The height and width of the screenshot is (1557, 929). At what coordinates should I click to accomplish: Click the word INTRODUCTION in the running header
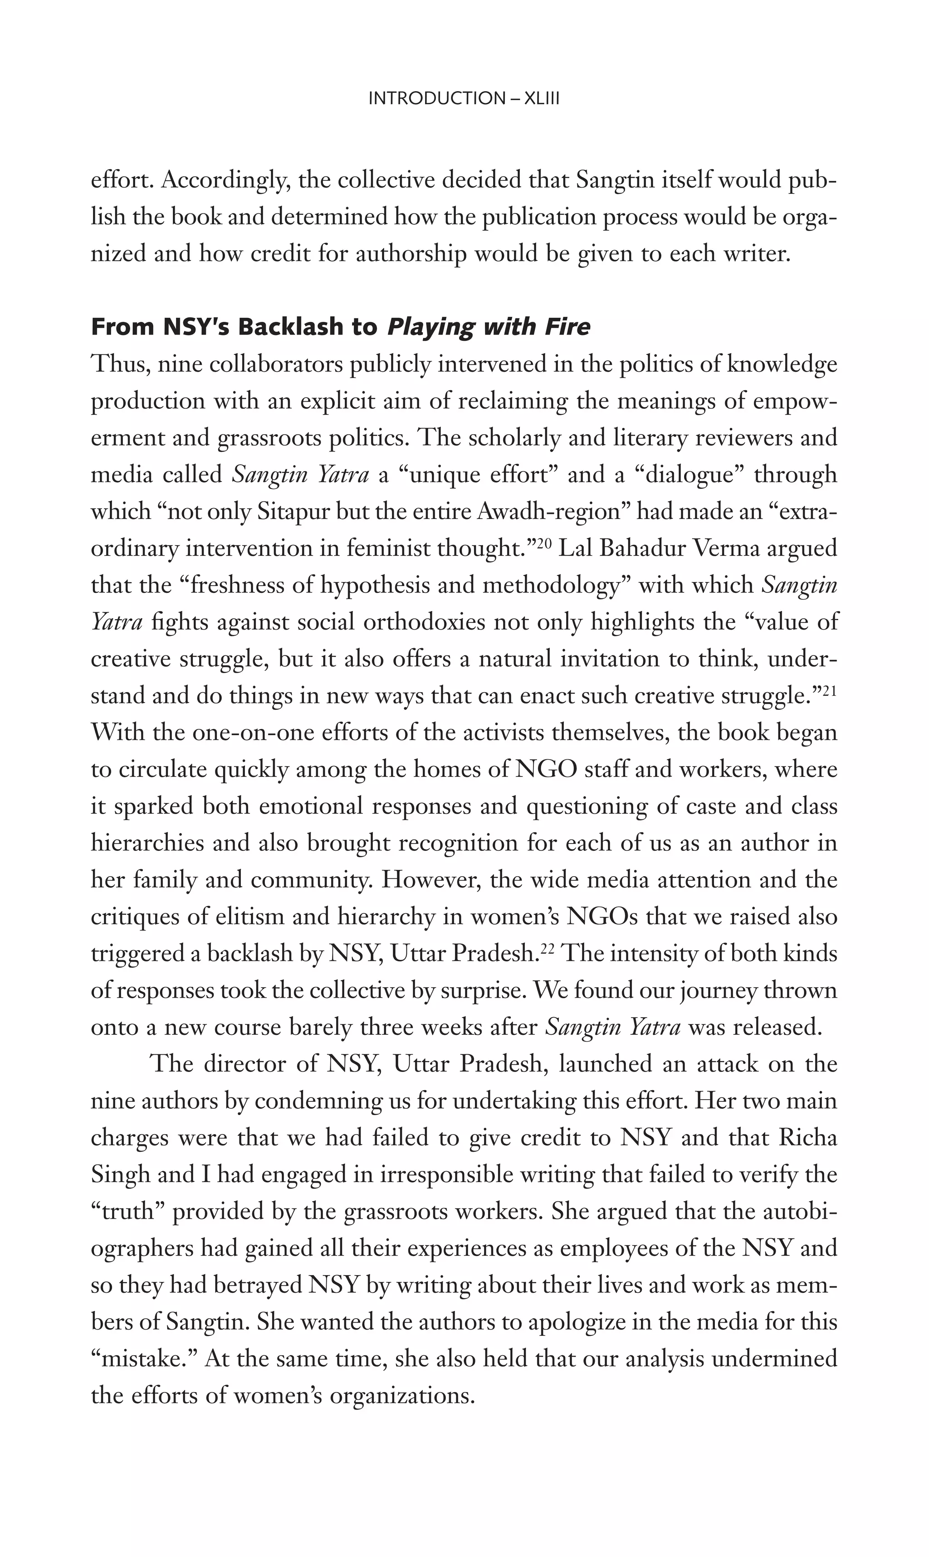tap(436, 98)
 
